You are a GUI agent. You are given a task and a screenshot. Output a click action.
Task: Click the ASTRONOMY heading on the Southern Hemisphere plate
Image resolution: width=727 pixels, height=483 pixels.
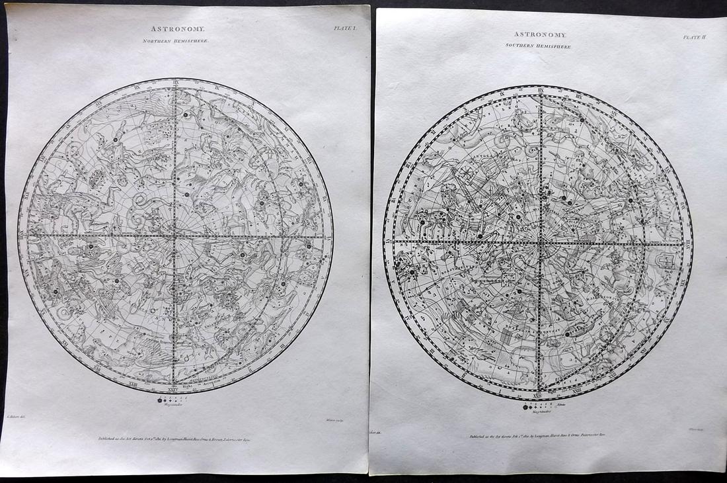[x=540, y=34]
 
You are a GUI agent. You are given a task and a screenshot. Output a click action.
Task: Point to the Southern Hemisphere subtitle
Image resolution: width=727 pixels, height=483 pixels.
[x=540, y=46]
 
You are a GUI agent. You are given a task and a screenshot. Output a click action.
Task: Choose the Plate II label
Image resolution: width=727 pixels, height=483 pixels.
[x=695, y=37]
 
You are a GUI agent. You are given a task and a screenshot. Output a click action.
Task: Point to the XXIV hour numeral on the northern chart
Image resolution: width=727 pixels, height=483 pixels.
[x=174, y=388]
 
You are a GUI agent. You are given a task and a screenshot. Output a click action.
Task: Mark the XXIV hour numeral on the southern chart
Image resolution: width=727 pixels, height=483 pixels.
[x=540, y=394]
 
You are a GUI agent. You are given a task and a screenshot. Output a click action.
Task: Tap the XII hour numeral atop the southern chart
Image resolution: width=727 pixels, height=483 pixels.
[x=540, y=91]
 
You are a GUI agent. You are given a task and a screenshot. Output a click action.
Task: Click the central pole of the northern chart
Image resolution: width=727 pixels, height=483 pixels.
[x=174, y=236]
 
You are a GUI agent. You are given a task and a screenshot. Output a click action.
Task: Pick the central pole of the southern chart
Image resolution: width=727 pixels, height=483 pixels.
[x=540, y=243]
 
